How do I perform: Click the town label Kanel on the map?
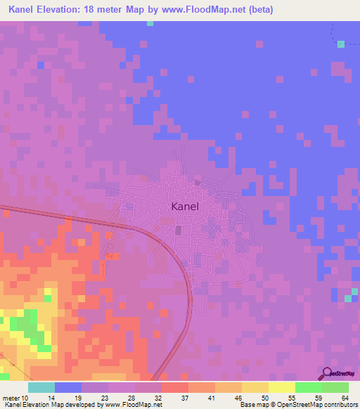point(185,207)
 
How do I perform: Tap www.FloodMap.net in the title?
point(205,10)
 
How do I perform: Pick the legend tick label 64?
point(344,398)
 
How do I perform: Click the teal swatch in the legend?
point(41,387)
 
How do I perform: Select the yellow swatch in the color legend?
point(281,387)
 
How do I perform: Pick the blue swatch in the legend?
point(68,387)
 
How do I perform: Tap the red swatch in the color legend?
point(175,387)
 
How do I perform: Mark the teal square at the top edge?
point(150,23)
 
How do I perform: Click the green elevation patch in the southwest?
point(27,327)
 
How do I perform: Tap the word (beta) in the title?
point(257,10)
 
